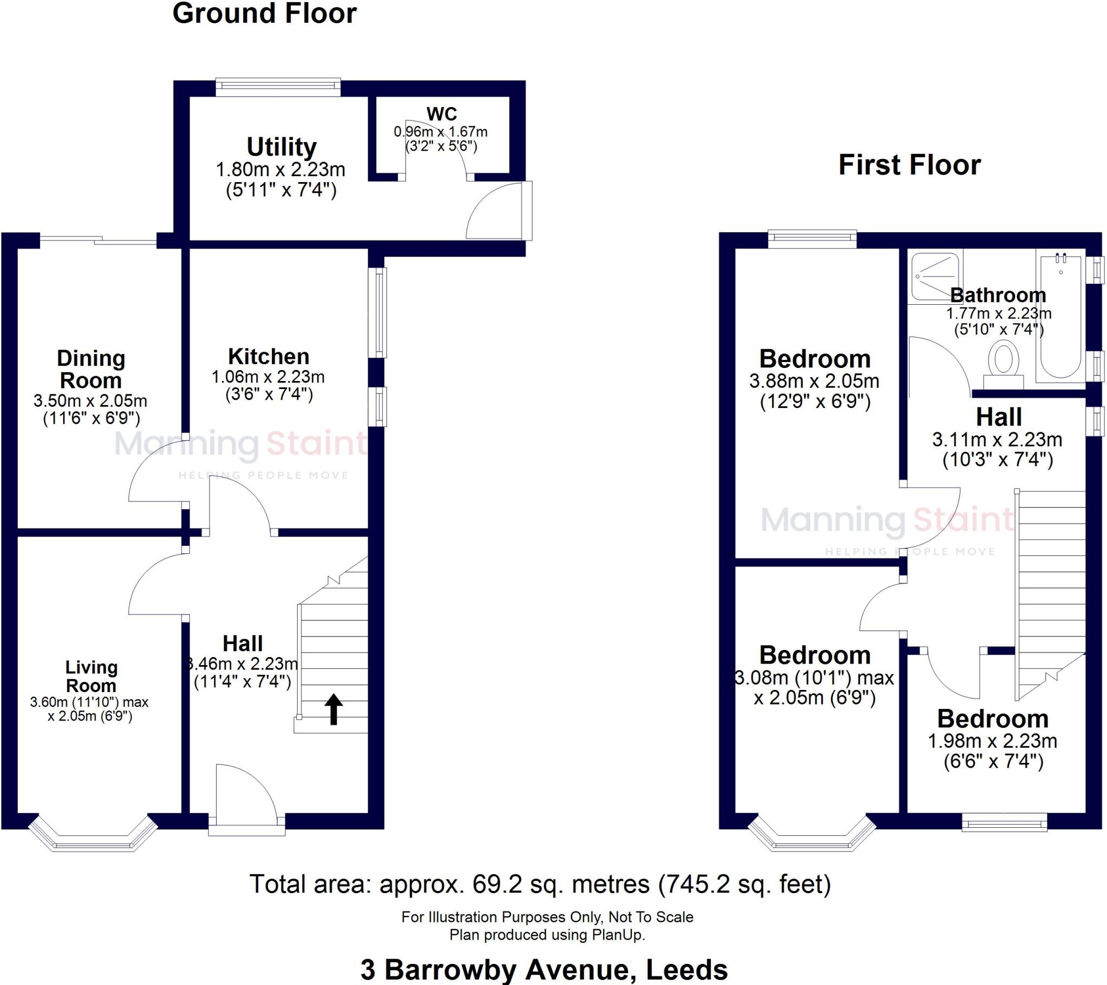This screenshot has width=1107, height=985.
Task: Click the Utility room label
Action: pos(281,147)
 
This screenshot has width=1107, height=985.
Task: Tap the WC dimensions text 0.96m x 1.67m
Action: pos(441,132)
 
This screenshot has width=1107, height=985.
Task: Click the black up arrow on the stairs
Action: pos(334,709)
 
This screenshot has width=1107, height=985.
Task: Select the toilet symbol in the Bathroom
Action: pos(1004,361)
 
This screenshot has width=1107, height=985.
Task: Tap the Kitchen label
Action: pos(269,356)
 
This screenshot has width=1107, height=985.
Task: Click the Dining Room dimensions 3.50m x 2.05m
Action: pos(90,401)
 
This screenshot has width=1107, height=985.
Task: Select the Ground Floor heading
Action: pos(264,14)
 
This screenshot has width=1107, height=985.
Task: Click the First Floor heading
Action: pos(909,165)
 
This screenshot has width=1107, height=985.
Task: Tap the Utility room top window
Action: pos(278,86)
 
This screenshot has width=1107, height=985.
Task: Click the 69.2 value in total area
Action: pos(497,884)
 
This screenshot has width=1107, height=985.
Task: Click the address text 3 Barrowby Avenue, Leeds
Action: pos(544,969)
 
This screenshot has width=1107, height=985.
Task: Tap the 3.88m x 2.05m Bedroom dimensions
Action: pos(814,381)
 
